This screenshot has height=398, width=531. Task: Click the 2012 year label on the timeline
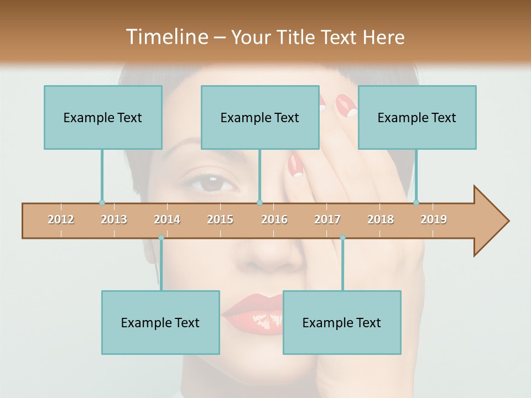click(x=61, y=219)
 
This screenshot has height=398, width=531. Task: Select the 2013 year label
click(x=114, y=219)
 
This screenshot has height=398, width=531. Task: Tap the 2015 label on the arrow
click(x=220, y=219)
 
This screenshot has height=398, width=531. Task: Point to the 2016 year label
click(x=274, y=219)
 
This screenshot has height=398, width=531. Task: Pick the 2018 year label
click(x=381, y=219)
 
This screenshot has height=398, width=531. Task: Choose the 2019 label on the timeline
click(x=434, y=219)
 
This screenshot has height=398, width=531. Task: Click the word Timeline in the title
click(x=166, y=37)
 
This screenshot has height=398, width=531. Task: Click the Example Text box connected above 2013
click(x=103, y=117)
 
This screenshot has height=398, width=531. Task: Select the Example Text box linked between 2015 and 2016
click(x=260, y=117)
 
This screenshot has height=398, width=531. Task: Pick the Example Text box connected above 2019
click(x=417, y=117)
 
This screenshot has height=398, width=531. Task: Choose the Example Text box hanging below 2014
click(x=160, y=322)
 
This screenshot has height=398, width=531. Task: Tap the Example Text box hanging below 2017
click(x=342, y=322)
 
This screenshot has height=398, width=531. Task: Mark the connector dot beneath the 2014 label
click(x=161, y=237)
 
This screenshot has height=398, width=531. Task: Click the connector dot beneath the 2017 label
click(x=342, y=237)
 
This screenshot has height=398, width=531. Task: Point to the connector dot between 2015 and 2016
click(x=259, y=202)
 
